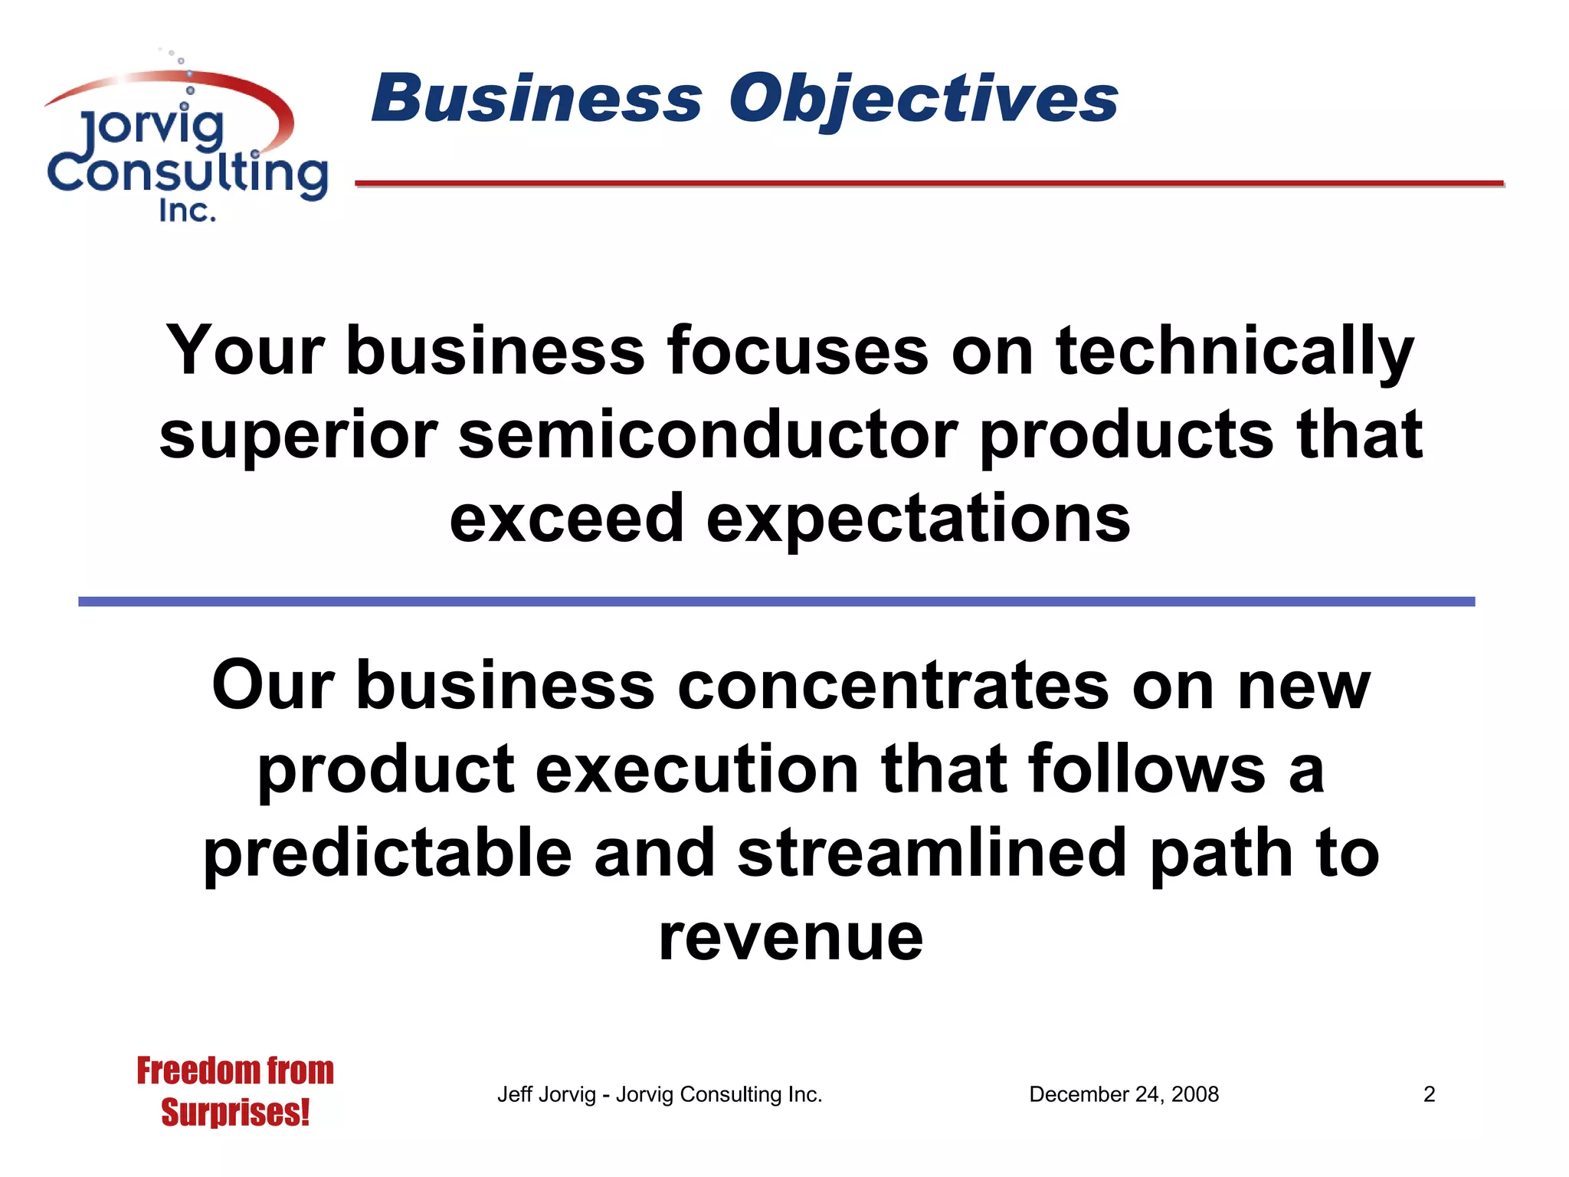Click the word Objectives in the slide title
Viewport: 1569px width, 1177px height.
click(x=923, y=100)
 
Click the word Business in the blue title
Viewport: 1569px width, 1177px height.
click(x=536, y=100)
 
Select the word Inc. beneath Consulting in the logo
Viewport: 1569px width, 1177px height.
click(x=187, y=211)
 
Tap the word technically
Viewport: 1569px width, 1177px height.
click(x=1234, y=352)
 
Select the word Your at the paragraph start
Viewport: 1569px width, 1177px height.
click(x=245, y=352)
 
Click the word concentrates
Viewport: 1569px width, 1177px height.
click(x=893, y=686)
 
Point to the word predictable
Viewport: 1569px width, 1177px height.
click(x=387, y=854)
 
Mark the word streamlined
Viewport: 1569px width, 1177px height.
click(x=932, y=854)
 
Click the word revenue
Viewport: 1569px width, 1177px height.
click(x=791, y=938)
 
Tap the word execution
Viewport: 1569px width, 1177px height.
click(x=697, y=769)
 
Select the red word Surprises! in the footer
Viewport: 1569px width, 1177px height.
click(x=235, y=1113)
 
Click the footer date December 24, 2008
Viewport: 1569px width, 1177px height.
click(x=1123, y=1094)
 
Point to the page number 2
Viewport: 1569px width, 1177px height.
click(x=1429, y=1094)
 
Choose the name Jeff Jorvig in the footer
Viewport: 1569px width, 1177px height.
click(x=545, y=1094)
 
